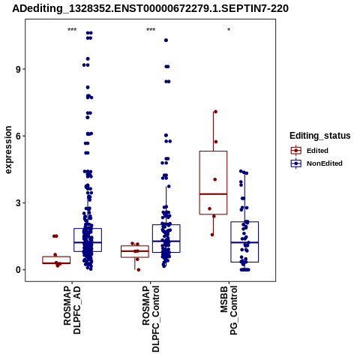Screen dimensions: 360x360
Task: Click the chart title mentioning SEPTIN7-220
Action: (x=150, y=8)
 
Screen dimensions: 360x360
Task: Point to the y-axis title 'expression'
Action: (x=8, y=150)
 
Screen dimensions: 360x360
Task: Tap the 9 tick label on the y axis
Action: (x=18, y=69)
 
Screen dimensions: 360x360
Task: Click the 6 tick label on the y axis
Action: (x=18, y=136)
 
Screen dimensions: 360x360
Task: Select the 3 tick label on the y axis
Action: (x=18, y=202)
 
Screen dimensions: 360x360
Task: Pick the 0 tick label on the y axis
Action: (x=18, y=270)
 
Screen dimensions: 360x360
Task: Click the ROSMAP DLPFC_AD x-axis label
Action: (x=72, y=310)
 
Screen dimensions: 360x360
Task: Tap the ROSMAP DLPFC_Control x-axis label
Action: (x=151, y=319)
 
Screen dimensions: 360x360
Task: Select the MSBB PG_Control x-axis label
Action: (x=229, y=310)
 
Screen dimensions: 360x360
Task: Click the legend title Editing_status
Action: (x=320, y=136)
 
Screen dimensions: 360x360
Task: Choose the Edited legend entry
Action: (x=310, y=151)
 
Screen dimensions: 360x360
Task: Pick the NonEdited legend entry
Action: (x=316, y=163)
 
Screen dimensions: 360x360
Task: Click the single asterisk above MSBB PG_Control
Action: (x=229, y=30)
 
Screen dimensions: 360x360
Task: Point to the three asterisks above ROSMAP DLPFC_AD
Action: (x=72, y=30)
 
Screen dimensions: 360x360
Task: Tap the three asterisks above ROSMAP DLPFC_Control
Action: (x=151, y=30)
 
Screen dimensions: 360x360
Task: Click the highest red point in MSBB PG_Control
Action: (x=215, y=112)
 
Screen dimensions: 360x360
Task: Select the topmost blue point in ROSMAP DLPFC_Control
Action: (x=166, y=40)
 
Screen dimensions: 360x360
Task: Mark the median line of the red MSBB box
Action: (x=213, y=194)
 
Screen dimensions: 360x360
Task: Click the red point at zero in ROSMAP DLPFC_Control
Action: (x=139, y=270)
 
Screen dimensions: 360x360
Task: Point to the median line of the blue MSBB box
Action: (x=244, y=242)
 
